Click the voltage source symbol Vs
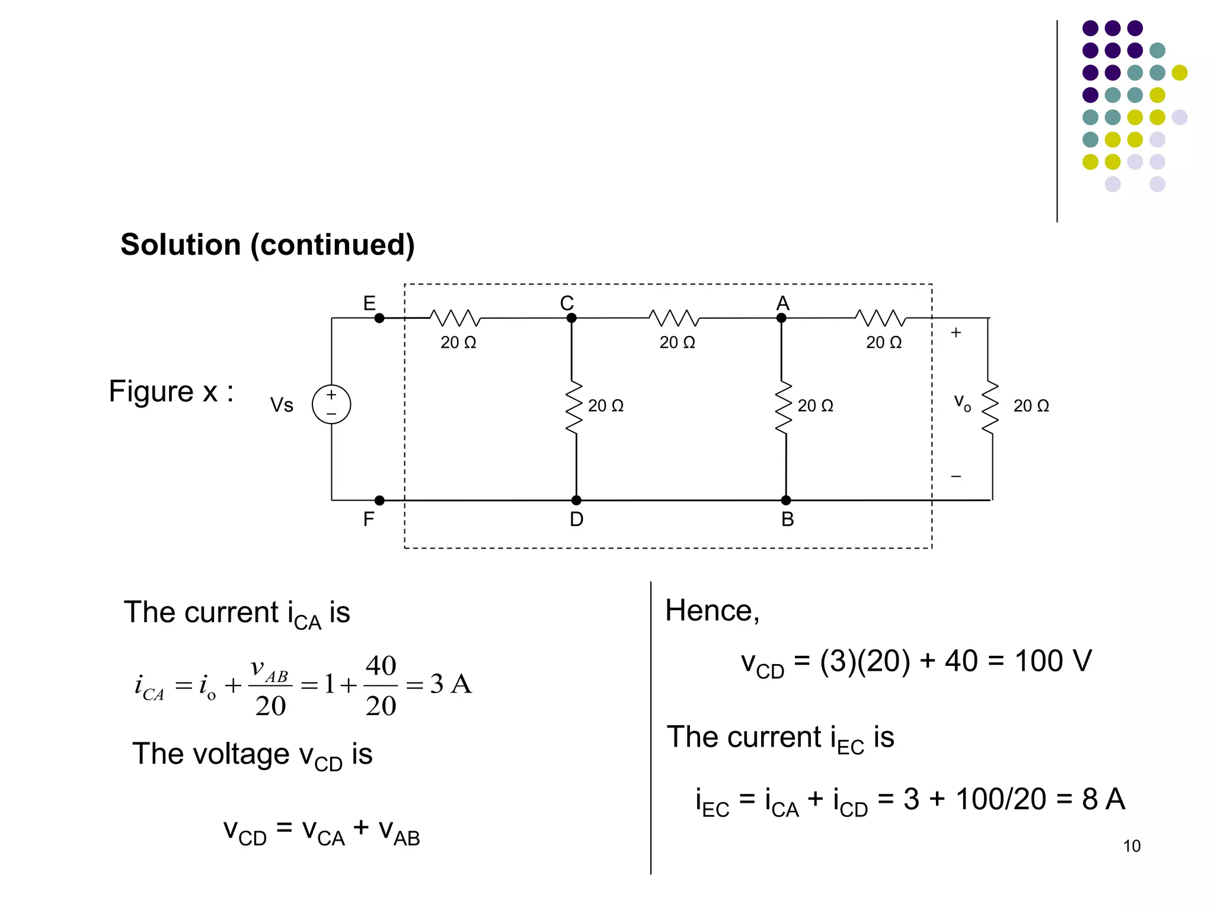[x=331, y=404]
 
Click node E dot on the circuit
[x=379, y=318]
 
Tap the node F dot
[x=379, y=501]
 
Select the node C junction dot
[x=571, y=318]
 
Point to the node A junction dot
[x=781, y=318]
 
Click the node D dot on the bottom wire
[x=576, y=501]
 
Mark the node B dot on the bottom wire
[x=786, y=501]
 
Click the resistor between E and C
[x=455, y=318]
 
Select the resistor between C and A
[x=675, y=318]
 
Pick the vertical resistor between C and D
[x=573, y=408]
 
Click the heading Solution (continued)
[x=267, y=245]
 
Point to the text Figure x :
[x=171, y=392]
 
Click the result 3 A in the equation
[x=451, y=684]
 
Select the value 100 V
[x=1053, y=661]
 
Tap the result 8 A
[x=1103, y=799]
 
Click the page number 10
[x=1132, y=846]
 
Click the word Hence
[x=711, y=611]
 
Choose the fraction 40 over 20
[x=381, y=685]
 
